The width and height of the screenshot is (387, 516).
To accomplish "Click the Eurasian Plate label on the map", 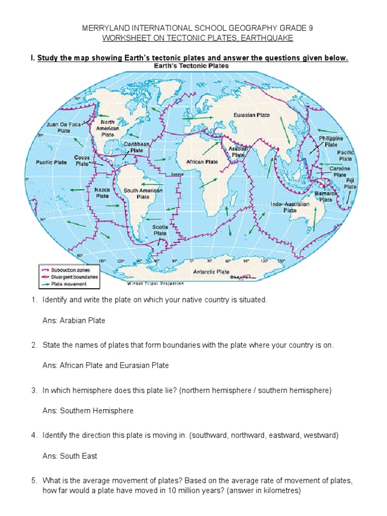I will [251, 115].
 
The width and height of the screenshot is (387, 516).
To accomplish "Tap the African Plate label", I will [202, 162].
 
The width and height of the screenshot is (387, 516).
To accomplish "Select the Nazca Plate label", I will [102, 192].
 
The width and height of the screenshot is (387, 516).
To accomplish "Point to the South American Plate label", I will [143, 194].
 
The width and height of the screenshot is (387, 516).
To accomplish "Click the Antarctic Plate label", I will [211, 272].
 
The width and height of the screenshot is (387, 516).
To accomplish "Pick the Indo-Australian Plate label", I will [289, 208].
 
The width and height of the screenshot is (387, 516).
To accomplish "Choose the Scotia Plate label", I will [160, 230].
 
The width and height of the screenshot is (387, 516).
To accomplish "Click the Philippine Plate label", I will [331, 141].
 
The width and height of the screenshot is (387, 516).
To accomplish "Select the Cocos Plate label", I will [82, 160].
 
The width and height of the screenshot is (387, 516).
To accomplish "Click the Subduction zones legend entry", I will [70, 270].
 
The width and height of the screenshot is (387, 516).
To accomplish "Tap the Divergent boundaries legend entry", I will [74, 277].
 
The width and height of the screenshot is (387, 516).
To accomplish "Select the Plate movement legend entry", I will [69, 284].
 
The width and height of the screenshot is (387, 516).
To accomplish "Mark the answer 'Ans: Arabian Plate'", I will [74, 320].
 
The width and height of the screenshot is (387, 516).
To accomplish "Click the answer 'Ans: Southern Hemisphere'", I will [88, 411].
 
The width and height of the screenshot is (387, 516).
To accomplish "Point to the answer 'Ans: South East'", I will [70, 456].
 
